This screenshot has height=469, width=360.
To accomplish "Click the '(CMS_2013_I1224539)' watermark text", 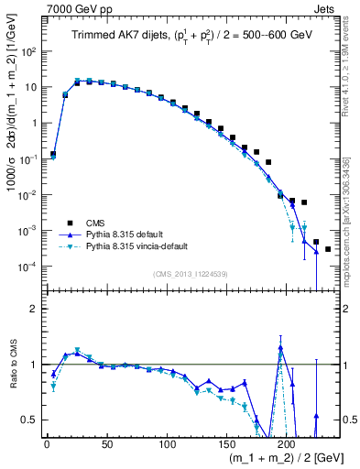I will pyautogui.click(x=191, y=274).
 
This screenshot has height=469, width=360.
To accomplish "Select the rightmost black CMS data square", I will pyautogui.click(x=328, y=249).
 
